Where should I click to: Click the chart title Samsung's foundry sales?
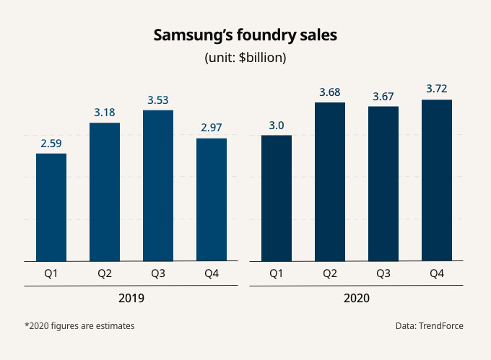coord(245,35)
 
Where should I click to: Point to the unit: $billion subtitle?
coord(245,58)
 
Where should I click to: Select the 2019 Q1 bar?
coord(51,207)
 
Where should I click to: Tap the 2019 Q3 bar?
coord(158,185)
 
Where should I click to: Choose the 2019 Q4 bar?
coord(212,199)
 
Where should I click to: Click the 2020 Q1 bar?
coord(277,198)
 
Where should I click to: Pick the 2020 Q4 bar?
coord(437,180)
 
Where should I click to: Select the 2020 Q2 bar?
coord(330,182)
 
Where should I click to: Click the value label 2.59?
coord(51,144)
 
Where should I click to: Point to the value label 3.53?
coord(158,100)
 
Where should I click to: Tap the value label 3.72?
coord(437,89)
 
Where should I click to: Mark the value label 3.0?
coord(277,126)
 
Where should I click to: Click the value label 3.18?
coord(105,113)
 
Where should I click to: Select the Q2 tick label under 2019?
coord(105,273)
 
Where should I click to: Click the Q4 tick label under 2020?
coord(437,273)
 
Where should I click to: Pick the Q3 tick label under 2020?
coord(383,273)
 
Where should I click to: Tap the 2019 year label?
coord(131,297)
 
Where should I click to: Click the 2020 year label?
coord(357,297)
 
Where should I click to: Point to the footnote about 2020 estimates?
coord(79,326)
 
